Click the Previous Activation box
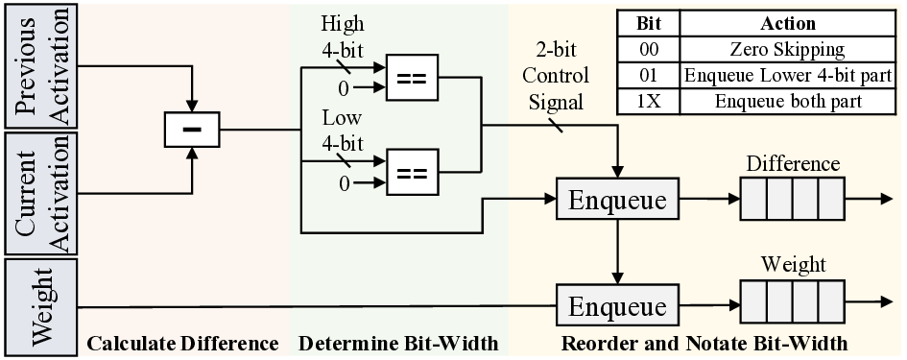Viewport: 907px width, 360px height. (x=39, y=66)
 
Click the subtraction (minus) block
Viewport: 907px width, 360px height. (x=193, y=129)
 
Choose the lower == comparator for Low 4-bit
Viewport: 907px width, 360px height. (x=410, y=174)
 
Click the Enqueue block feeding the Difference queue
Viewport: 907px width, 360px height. (x=617, y=201)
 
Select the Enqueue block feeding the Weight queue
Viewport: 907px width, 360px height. (x=617, y=306)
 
